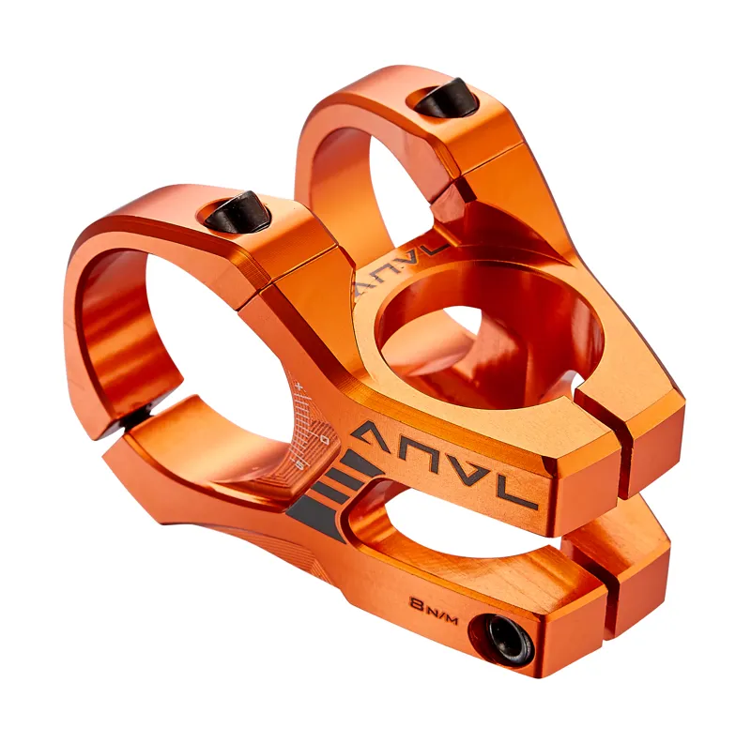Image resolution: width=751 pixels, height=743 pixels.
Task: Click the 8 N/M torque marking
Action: tap(432, 604)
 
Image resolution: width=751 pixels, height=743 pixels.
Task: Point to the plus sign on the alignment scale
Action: tap(298, 386)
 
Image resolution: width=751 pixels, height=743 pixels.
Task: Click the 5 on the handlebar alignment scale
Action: tap(299, 463)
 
